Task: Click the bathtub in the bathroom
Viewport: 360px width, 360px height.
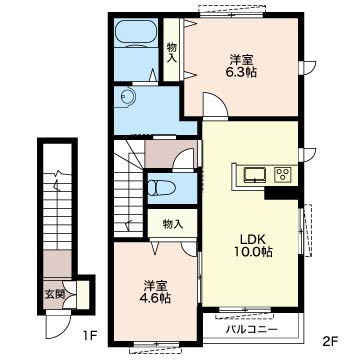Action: (136, 32)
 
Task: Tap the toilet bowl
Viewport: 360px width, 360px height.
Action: (161, 188)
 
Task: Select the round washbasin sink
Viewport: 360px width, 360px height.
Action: (128, 96)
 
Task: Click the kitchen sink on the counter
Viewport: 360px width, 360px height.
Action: (255, 175)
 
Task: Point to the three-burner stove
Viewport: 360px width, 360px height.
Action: (283, 175)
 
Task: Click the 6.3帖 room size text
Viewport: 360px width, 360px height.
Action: (242, 72)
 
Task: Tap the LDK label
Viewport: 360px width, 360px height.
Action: (253, 239)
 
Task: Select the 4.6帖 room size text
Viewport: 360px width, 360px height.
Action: (155, 297)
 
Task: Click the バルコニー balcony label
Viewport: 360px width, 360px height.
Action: (252, 330)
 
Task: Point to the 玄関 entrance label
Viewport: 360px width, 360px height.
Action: (54, 294)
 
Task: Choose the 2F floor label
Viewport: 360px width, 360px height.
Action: (331, 341)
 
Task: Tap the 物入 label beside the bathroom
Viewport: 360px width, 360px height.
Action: (171, 53)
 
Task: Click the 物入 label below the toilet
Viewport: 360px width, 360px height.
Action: (173, 224)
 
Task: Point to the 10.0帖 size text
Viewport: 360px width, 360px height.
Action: (253, 252)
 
